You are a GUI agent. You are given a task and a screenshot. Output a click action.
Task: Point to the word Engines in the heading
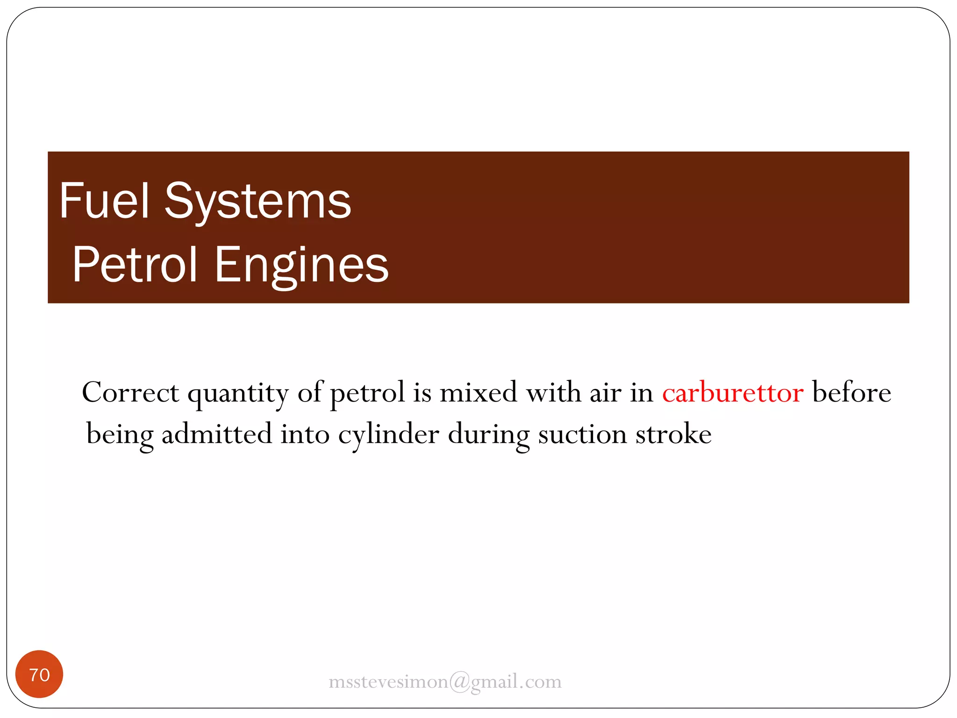(301, 266)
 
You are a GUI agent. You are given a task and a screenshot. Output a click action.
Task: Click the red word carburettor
(732, 393)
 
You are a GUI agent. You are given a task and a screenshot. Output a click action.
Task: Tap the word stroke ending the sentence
(673, 434)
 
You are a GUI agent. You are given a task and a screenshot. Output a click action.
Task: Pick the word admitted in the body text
(216, 434)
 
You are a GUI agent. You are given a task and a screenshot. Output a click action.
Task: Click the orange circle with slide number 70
(39, 674)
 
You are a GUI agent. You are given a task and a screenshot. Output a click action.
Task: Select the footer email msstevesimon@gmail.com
(445, 682)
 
